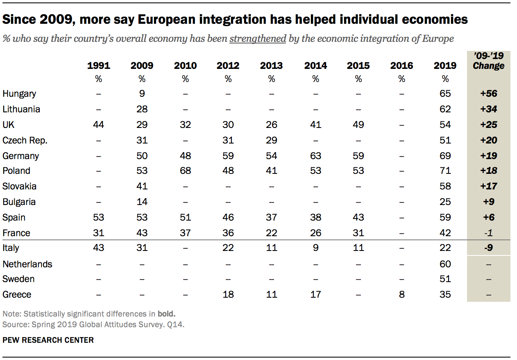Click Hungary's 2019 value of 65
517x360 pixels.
[x=445, y=93]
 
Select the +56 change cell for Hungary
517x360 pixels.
[x=488, y=93]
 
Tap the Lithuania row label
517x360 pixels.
[x=21, y=109]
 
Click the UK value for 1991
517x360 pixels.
[x=98, y=125]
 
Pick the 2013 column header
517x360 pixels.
[x=271, y=66]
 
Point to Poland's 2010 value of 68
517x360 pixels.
[x=185, y=171]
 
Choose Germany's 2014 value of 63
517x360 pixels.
[x=315, y=156]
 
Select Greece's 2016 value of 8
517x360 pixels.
[x=401, y=294]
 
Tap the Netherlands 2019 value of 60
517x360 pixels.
[x=445, y=264]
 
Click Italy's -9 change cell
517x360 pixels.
[x=488, y=248]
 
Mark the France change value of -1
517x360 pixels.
[x=488, y=233]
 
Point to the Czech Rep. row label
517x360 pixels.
[x=25, y=140]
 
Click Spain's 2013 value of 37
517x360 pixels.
[x=271, y=217]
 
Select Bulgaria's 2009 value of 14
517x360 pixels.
[x=142, y=202]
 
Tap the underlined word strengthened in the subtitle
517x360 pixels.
[x=258, y=39]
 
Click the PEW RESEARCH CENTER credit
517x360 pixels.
[x=48, y=340]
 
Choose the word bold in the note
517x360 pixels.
[x=166, y=314]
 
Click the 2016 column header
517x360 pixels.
[x=401, y=66]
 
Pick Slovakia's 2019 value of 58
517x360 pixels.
[x=445, y=186]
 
